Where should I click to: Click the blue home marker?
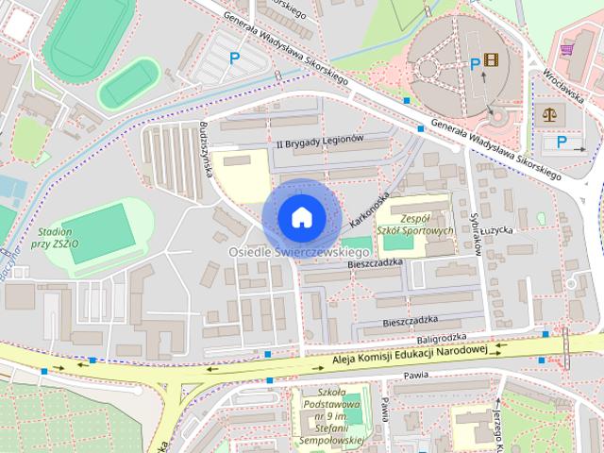pyautogui.click(x=301, y=216)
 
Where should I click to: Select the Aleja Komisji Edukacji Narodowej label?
pyautogui.click(x=409, y=353)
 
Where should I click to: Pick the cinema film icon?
pyautogui.click(x=491, y=61)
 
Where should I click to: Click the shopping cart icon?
pyautogui.click(x=568, y=49)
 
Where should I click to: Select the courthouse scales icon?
pyautogui.click(x=548, y=113)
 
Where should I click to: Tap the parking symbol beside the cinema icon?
pyautogui.click(x=475, y=63)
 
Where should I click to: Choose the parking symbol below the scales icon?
pyautogui.click(x=562, y=143)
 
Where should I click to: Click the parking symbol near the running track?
pyautogui.click(x=234, y=59)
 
